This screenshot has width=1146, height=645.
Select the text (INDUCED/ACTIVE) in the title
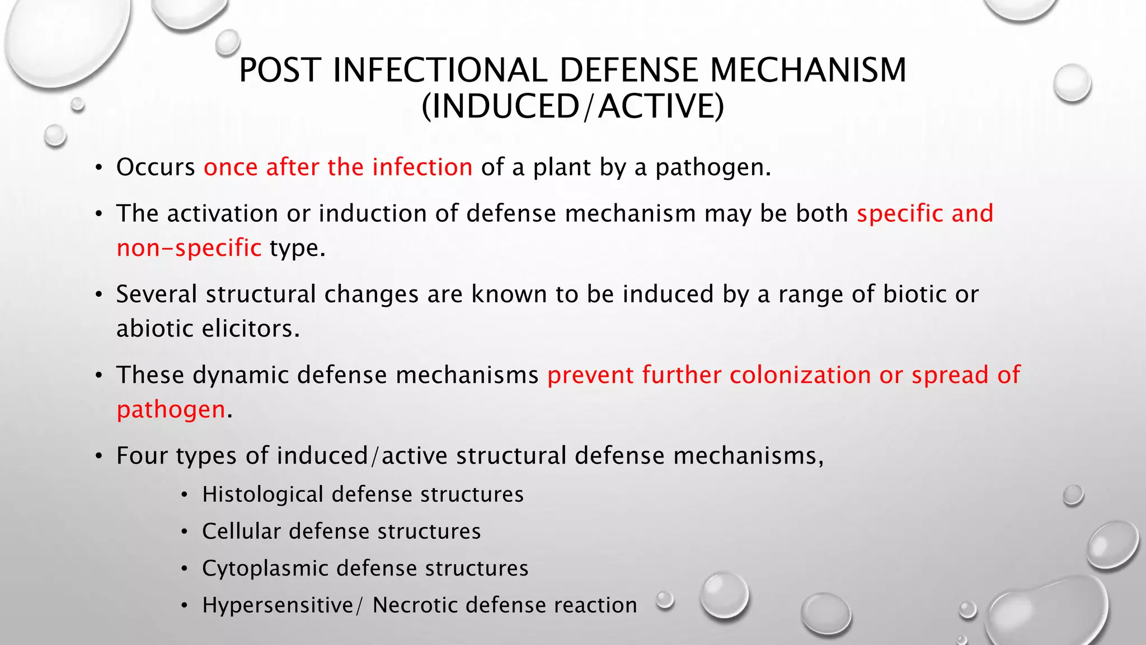pyautogui.click(x=572, y=106)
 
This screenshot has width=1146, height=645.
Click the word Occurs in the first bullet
pyautogui.click(x=156, y=167)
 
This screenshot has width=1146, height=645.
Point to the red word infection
pyautogui.click(x=422, y=167)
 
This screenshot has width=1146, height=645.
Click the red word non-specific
pyautogui.click(x=189, y=248)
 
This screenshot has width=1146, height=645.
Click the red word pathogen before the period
pyautogui.click(x=171, y=410)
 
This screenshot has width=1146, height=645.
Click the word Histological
pyautogui.click(x=262, y=494)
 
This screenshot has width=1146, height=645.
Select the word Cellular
pyautogui.click(x=241, y=531)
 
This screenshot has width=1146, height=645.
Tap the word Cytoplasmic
pyautogui.click(x=265, y=568)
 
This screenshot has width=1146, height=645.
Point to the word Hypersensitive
pyautogui.click(x=278, y=605)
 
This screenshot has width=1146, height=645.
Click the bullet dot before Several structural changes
pyautogui.click(x=98, y=295)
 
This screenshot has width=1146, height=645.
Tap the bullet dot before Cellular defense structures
pyautogui.click(x=184, y=532)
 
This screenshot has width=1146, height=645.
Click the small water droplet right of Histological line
pyautogui.click(x=1073, y=496)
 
